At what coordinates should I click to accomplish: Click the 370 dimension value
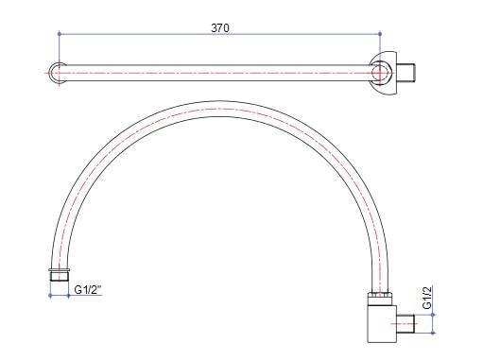click(220, 28)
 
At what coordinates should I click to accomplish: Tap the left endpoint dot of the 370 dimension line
click(60, 33)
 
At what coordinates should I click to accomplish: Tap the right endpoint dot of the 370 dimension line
click(380, 33)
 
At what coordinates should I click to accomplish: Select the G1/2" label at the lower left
click(88, 289)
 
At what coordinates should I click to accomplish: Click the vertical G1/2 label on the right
click(427, 298)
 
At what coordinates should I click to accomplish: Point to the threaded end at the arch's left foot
click(60, 276)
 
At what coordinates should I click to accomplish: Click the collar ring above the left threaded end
click(60, 270)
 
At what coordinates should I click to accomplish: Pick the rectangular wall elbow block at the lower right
click(382, 323)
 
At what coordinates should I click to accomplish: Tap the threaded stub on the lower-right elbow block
click(405, 323)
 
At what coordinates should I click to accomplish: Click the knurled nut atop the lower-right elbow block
click(380, 299)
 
